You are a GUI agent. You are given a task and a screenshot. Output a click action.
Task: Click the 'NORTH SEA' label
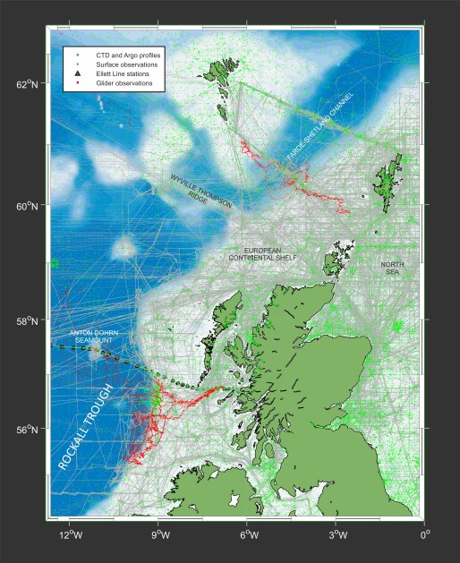(392, 269)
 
